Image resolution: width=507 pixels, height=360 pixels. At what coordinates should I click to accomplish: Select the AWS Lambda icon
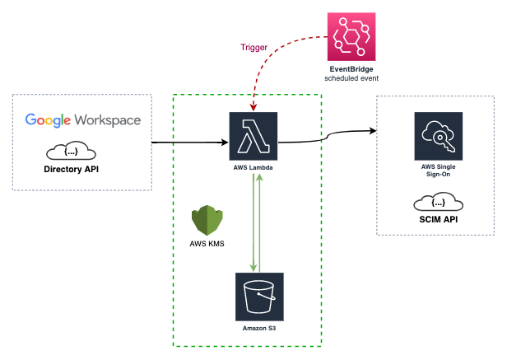254,136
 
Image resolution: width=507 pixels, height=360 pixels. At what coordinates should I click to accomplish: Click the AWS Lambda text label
253,167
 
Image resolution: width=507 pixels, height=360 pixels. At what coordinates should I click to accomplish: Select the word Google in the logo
50,119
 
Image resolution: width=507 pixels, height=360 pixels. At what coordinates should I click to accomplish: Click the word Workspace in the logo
110,119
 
